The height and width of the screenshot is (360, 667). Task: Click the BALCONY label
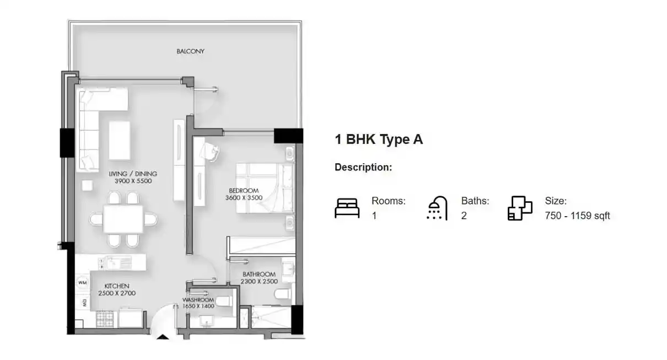click(191, 51)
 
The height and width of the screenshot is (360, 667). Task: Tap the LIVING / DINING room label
click(133, 174)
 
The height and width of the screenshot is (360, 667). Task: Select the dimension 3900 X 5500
click(133, 181)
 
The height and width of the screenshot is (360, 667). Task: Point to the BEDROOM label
click(244, 190)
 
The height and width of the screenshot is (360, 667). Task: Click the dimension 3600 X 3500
click(244, 198)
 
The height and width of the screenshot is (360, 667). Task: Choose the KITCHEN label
click(117, 286)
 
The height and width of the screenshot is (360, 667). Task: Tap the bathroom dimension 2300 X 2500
click(259, 281)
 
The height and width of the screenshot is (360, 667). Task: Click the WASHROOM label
click(198, 299)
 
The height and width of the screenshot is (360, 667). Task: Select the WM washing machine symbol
click(83, 282)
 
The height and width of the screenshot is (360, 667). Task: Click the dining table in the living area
click(123, 219)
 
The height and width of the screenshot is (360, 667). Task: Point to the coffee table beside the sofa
click(120, 140)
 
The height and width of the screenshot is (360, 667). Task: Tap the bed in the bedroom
click(265, 187)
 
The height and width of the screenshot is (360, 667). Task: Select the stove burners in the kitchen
click(105, 319)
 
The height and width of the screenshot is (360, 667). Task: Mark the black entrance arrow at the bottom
click(163, 337)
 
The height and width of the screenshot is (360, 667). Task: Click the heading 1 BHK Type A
click(379, 139)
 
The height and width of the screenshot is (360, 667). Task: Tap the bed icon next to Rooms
click(347, 208)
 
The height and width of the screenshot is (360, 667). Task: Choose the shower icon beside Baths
click(437, 208)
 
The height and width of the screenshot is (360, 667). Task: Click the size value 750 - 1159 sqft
click(577, 216)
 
